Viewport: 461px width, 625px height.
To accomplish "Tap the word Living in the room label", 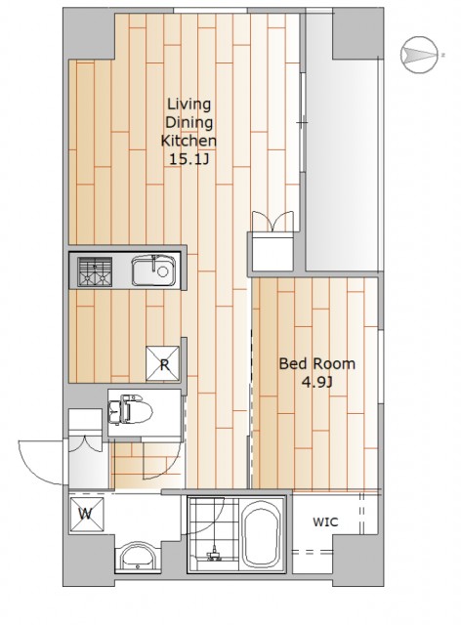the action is (189, 104).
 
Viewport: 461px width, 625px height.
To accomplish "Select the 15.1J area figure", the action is (189, 159).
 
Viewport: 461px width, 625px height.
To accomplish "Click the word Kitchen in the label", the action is (189, 141).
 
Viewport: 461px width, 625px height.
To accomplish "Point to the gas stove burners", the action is (95, 271).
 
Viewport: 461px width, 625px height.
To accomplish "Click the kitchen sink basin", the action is (153, 271).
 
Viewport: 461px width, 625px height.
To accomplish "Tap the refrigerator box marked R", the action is (163, 363).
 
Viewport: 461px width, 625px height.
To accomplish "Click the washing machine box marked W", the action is (87, 515).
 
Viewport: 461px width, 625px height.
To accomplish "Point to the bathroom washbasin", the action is (138, 556).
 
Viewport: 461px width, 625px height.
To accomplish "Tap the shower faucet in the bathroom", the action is (214, 554).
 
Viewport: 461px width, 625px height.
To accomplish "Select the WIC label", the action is (325, 521).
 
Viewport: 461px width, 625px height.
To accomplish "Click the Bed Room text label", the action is (317, 363).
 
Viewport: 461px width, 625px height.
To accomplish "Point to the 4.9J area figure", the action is (317, 383).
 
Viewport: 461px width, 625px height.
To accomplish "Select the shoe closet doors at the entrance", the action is (85, 443).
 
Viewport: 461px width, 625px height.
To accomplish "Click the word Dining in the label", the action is (189, 122).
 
